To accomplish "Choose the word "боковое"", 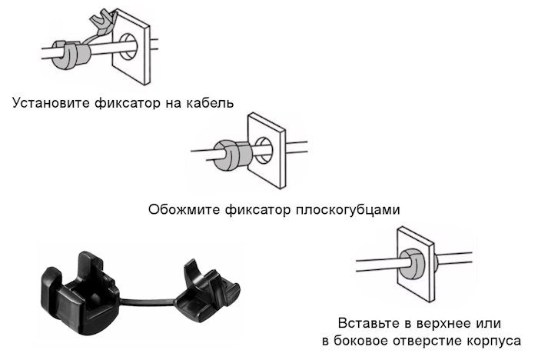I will click(361, 340).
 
